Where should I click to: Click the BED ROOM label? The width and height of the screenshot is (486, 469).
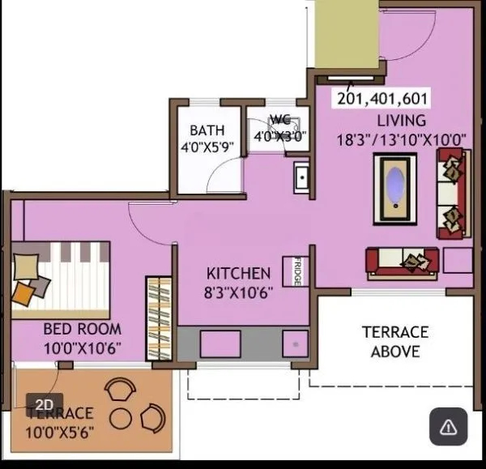(x=82, y=329)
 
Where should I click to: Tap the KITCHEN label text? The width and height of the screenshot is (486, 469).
(x=238, y=273)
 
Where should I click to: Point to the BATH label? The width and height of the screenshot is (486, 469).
(x=207, y=130)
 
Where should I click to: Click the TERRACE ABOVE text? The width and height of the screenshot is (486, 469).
(x=395, y=342)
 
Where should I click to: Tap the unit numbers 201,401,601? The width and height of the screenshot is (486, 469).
(x=382, y=99)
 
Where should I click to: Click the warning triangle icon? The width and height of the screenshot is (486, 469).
(x=449, y=426)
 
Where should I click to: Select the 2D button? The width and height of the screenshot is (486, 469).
(x=45, y=403)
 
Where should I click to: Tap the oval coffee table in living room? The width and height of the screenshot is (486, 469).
(x=394, y=187)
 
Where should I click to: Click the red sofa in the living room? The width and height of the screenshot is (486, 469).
(x=403, y=262)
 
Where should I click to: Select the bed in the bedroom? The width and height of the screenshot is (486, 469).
(x=58, y=279)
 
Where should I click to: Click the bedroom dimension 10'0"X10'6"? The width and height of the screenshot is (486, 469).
(x=82, y=348)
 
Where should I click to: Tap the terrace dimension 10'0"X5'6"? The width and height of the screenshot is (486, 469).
(x=60, y=433)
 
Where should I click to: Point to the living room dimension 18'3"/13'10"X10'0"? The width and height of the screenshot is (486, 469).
(x=401, y=139)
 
